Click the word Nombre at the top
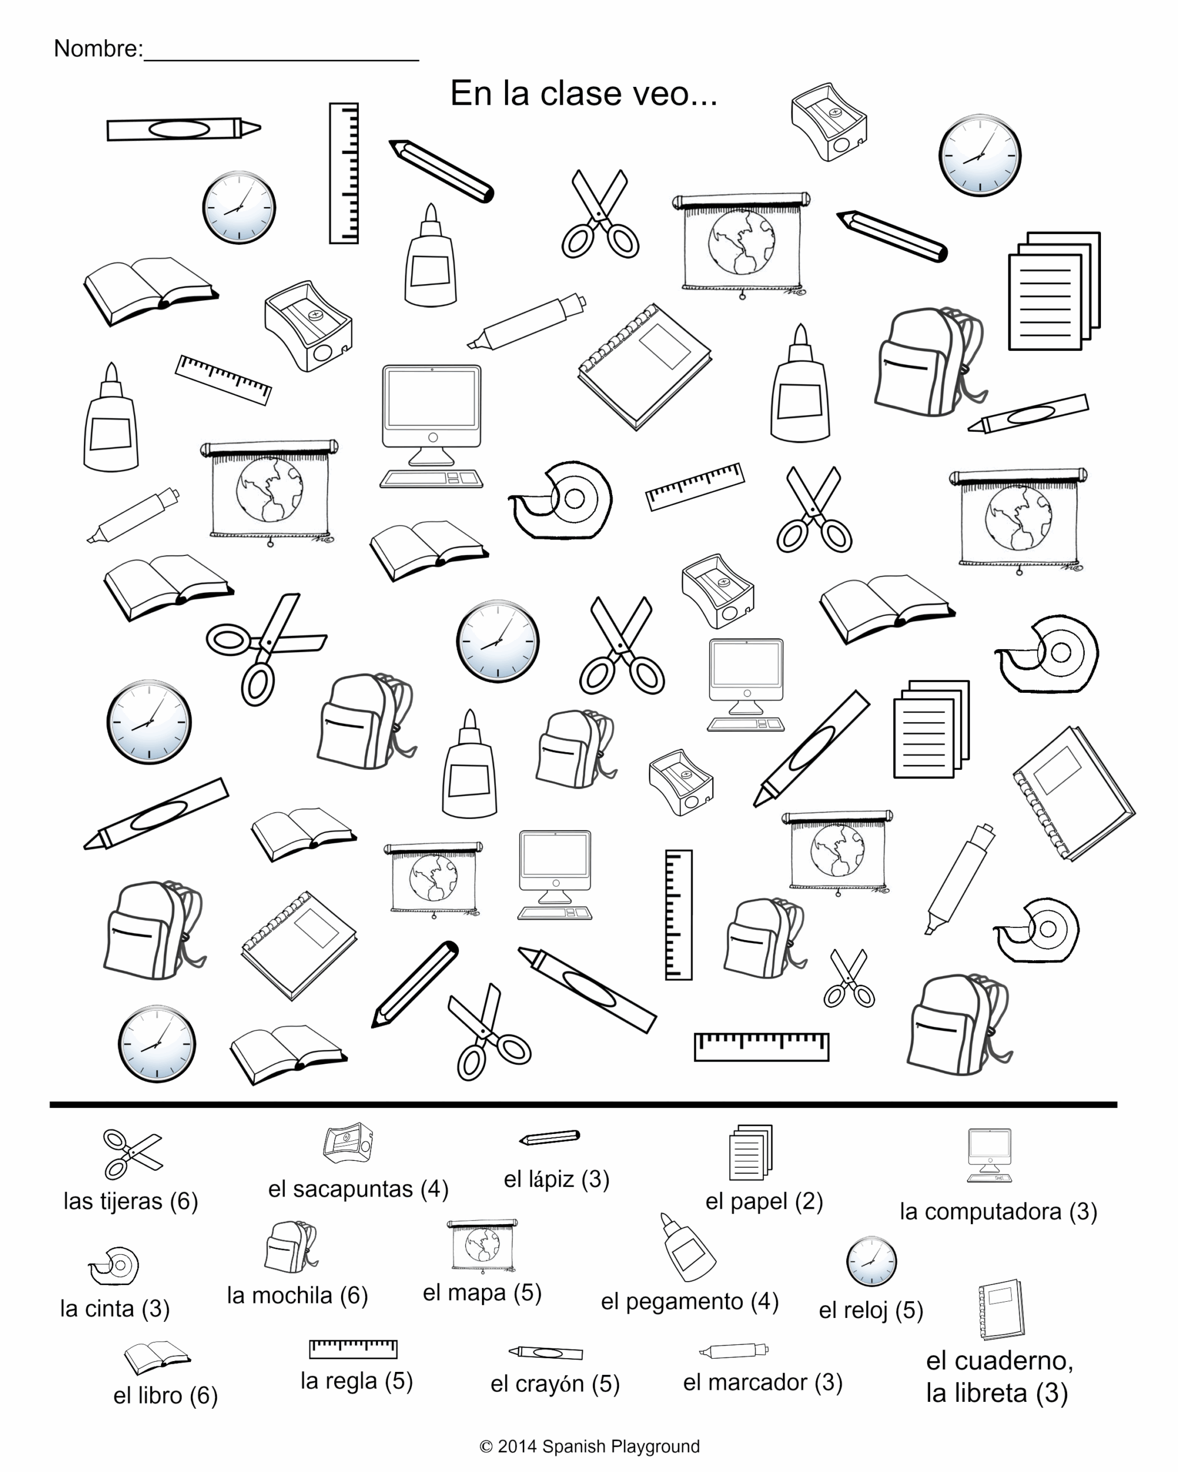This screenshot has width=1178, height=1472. point(98,49)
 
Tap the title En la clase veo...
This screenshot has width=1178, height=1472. point(584,94)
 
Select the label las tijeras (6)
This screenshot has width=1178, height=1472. point(131,1202)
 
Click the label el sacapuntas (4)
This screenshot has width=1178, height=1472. point(358,1189)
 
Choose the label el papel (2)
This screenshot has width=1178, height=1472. point(763,1202)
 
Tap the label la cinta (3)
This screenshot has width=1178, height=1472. point(114,1309)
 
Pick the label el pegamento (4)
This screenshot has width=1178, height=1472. point(690,1302)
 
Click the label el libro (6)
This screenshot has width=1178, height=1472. point(165,1396)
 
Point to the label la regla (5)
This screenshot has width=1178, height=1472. point(357,1381)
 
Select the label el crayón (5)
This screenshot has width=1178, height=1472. point(554,1384)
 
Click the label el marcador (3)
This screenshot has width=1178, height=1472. point(763,1382)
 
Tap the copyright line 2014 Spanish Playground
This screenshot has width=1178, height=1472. point(590,1447)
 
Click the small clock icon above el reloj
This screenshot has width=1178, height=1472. point(871,1261)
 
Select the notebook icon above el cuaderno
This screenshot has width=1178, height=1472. point(1001,1309)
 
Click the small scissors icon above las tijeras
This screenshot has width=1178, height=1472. point(132,1154)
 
